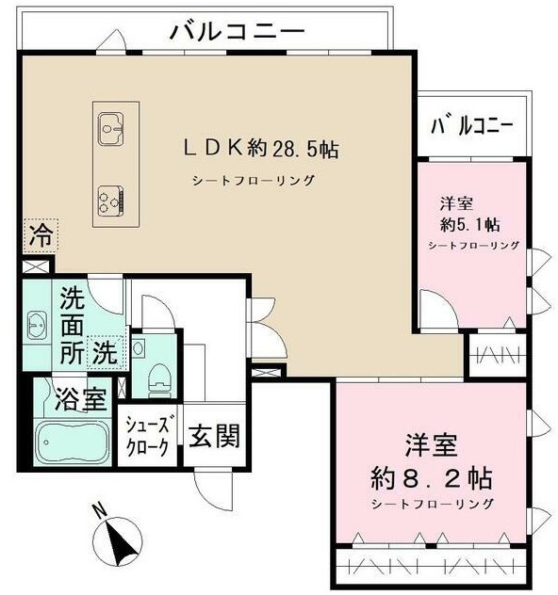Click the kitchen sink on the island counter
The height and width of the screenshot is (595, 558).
pos(110,129)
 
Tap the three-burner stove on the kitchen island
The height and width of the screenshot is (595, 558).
pos(110,201)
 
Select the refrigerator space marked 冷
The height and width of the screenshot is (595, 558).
pos(41,236)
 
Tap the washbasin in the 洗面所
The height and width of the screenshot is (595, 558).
pos(37,325)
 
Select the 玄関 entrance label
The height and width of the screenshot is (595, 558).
pos(215,436)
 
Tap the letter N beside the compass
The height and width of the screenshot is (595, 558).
pos(100,510)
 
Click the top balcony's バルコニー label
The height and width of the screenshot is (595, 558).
pos(238,31)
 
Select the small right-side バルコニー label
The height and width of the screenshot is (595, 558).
pos(472,126)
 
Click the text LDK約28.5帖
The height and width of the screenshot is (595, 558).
pos(261,148)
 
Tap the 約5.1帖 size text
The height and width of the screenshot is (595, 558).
pos(469,225)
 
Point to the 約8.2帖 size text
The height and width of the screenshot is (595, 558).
pos(432,478)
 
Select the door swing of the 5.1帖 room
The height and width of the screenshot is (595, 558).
pos(437,308)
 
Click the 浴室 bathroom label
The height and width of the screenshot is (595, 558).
pos(81,399)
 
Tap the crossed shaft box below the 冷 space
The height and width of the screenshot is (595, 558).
pos(37,266)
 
